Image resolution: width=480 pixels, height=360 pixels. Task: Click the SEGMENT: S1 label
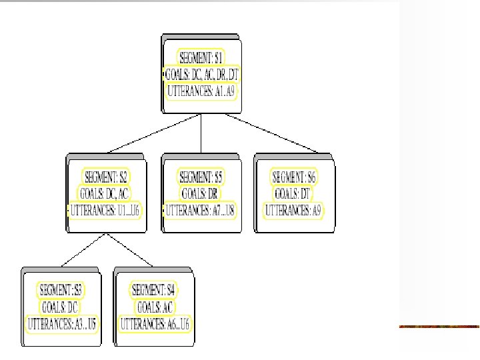[x=201, y=57]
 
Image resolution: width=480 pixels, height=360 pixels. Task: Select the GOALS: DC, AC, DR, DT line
[x=201, y=74]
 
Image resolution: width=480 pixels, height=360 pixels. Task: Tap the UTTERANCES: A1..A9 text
[x=201, y=91]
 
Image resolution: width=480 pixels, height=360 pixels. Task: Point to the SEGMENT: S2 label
[x=105, y=177]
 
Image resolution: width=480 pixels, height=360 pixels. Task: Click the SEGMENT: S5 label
[x=201, y=177]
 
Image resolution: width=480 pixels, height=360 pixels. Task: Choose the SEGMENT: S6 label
[x=295, y=177]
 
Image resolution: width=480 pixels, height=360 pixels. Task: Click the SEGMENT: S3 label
[x=60, y=290]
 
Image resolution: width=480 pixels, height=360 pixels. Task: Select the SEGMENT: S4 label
[x=153, y=290]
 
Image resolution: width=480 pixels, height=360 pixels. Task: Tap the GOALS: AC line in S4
[x=155, y=307]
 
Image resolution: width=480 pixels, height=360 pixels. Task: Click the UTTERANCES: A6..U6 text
[x=155, y=325]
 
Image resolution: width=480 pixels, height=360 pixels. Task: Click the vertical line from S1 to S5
[x=201, y=133]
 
